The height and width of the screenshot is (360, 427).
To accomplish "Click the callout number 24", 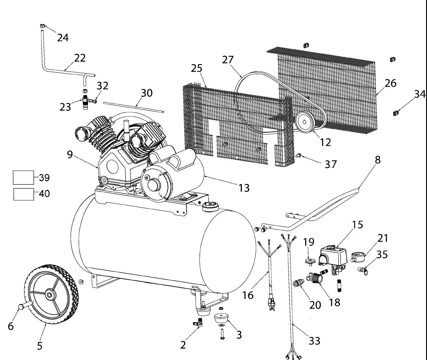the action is click(x=62, y=38).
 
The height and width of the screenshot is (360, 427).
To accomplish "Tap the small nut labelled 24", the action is click(x=42, y=26).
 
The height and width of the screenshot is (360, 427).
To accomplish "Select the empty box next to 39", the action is click(x=23, y=177).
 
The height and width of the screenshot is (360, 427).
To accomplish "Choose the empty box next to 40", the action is click(x=24, y=194).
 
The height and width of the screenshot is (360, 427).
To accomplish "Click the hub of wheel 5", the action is click(x=49, y=295).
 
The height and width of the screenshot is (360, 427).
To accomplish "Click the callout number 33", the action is click(x=314, y=341).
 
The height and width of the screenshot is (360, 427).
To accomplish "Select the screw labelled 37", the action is click(x=298, y=156).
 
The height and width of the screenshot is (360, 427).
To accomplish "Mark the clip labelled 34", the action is click(x=396, y=113).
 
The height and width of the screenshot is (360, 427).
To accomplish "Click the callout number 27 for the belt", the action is click(x=228, y=60).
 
